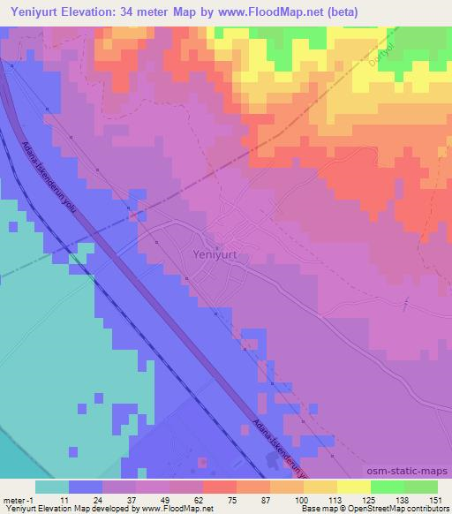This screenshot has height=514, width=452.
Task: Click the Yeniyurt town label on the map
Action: click(x=213, y=253)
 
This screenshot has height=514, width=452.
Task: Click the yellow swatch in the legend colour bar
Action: click(x=353, y=487)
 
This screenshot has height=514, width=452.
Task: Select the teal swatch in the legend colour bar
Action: click(x=51, y=487)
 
